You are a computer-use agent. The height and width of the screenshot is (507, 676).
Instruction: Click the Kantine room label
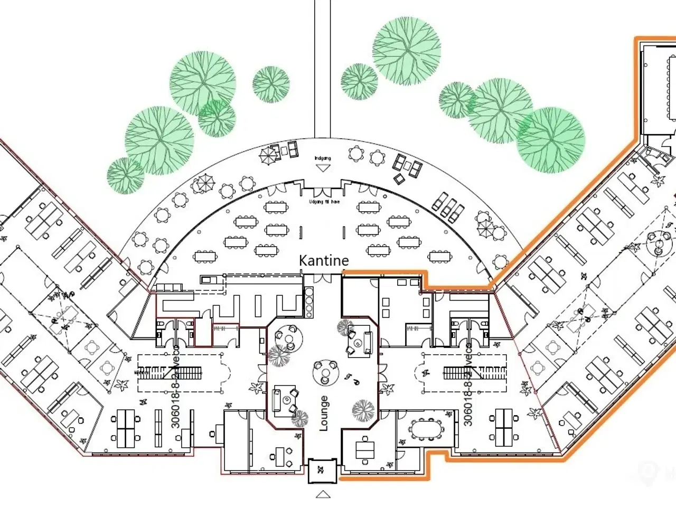(x=324, y=260)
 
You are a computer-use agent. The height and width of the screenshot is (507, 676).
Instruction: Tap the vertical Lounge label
(x=324, y=414)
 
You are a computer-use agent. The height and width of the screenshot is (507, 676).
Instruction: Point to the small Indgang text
(x=322, y=158)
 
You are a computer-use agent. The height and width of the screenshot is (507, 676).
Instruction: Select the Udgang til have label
(x=324, y=201)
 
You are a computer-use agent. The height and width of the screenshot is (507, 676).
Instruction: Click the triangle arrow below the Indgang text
(x=322, y=168)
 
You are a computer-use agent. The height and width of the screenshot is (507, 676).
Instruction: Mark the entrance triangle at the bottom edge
(x=323, y=494)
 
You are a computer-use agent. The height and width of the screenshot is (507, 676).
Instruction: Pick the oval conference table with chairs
(x=426, y=429)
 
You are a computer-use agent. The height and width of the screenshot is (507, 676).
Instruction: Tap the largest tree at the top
(x=407, y=51)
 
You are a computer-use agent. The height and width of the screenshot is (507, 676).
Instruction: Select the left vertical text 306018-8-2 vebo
(x=176, y=388)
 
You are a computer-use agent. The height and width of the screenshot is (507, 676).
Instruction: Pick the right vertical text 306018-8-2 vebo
(x=468, y=388)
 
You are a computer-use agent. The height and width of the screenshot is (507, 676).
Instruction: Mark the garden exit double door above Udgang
(x=324, y=192)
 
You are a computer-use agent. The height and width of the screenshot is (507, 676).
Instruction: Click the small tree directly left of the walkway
(x=271, y=84)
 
